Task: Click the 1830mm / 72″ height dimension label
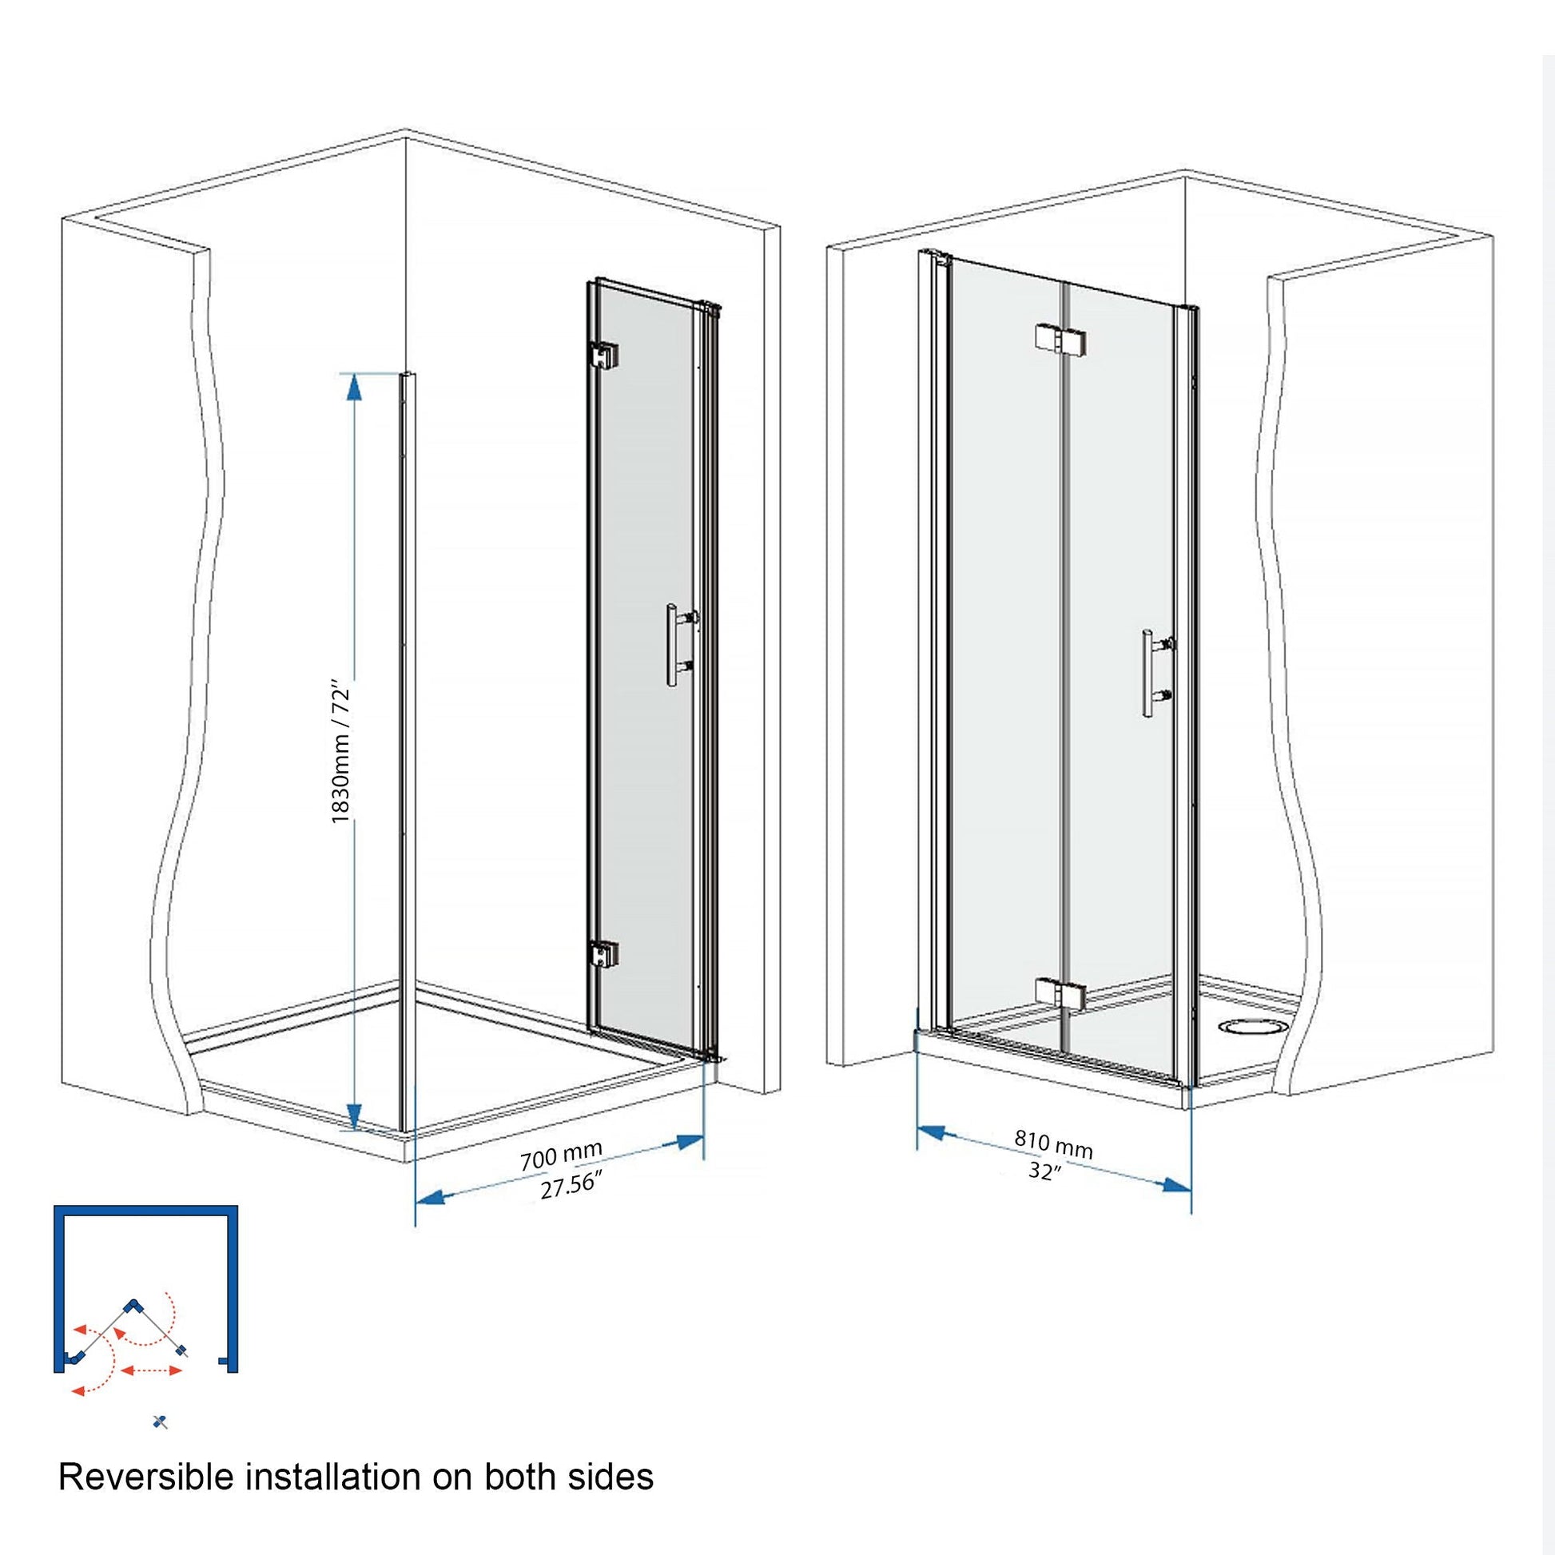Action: pos(341,754)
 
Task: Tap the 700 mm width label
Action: pos(561,1156)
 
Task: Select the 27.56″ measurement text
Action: pos(571,1187)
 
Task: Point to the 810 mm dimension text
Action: pos(1052,1144)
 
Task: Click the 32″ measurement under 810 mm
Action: pos(1044,1172)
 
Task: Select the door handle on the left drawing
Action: pos(680,645)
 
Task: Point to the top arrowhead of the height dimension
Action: pos(352,387)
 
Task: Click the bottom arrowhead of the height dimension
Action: pos(352,1116)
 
